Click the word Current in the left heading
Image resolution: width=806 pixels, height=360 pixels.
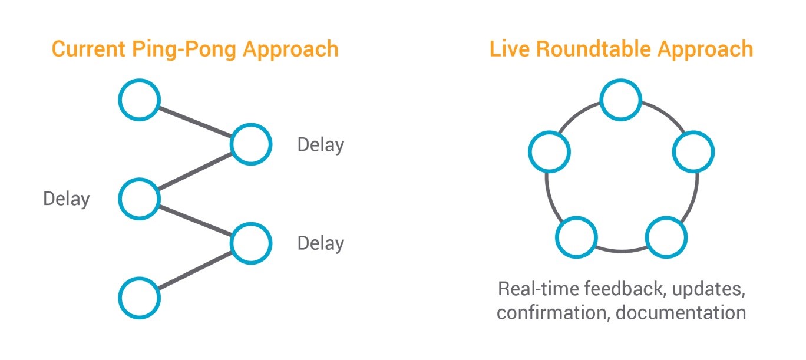(88, 49)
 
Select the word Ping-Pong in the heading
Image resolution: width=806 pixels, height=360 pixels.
(184, 49)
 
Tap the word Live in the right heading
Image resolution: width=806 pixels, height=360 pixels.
(510, 49)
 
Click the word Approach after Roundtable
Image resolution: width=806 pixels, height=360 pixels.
(706, 49)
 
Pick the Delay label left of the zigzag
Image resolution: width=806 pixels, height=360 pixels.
(67, 199)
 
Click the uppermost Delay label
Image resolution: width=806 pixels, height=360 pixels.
(321, 145)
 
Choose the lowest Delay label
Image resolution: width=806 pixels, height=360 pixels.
(321, 243)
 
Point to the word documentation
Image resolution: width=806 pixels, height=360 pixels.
(681, 312)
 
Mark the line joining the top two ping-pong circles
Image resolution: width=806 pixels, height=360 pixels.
(196, 122)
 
